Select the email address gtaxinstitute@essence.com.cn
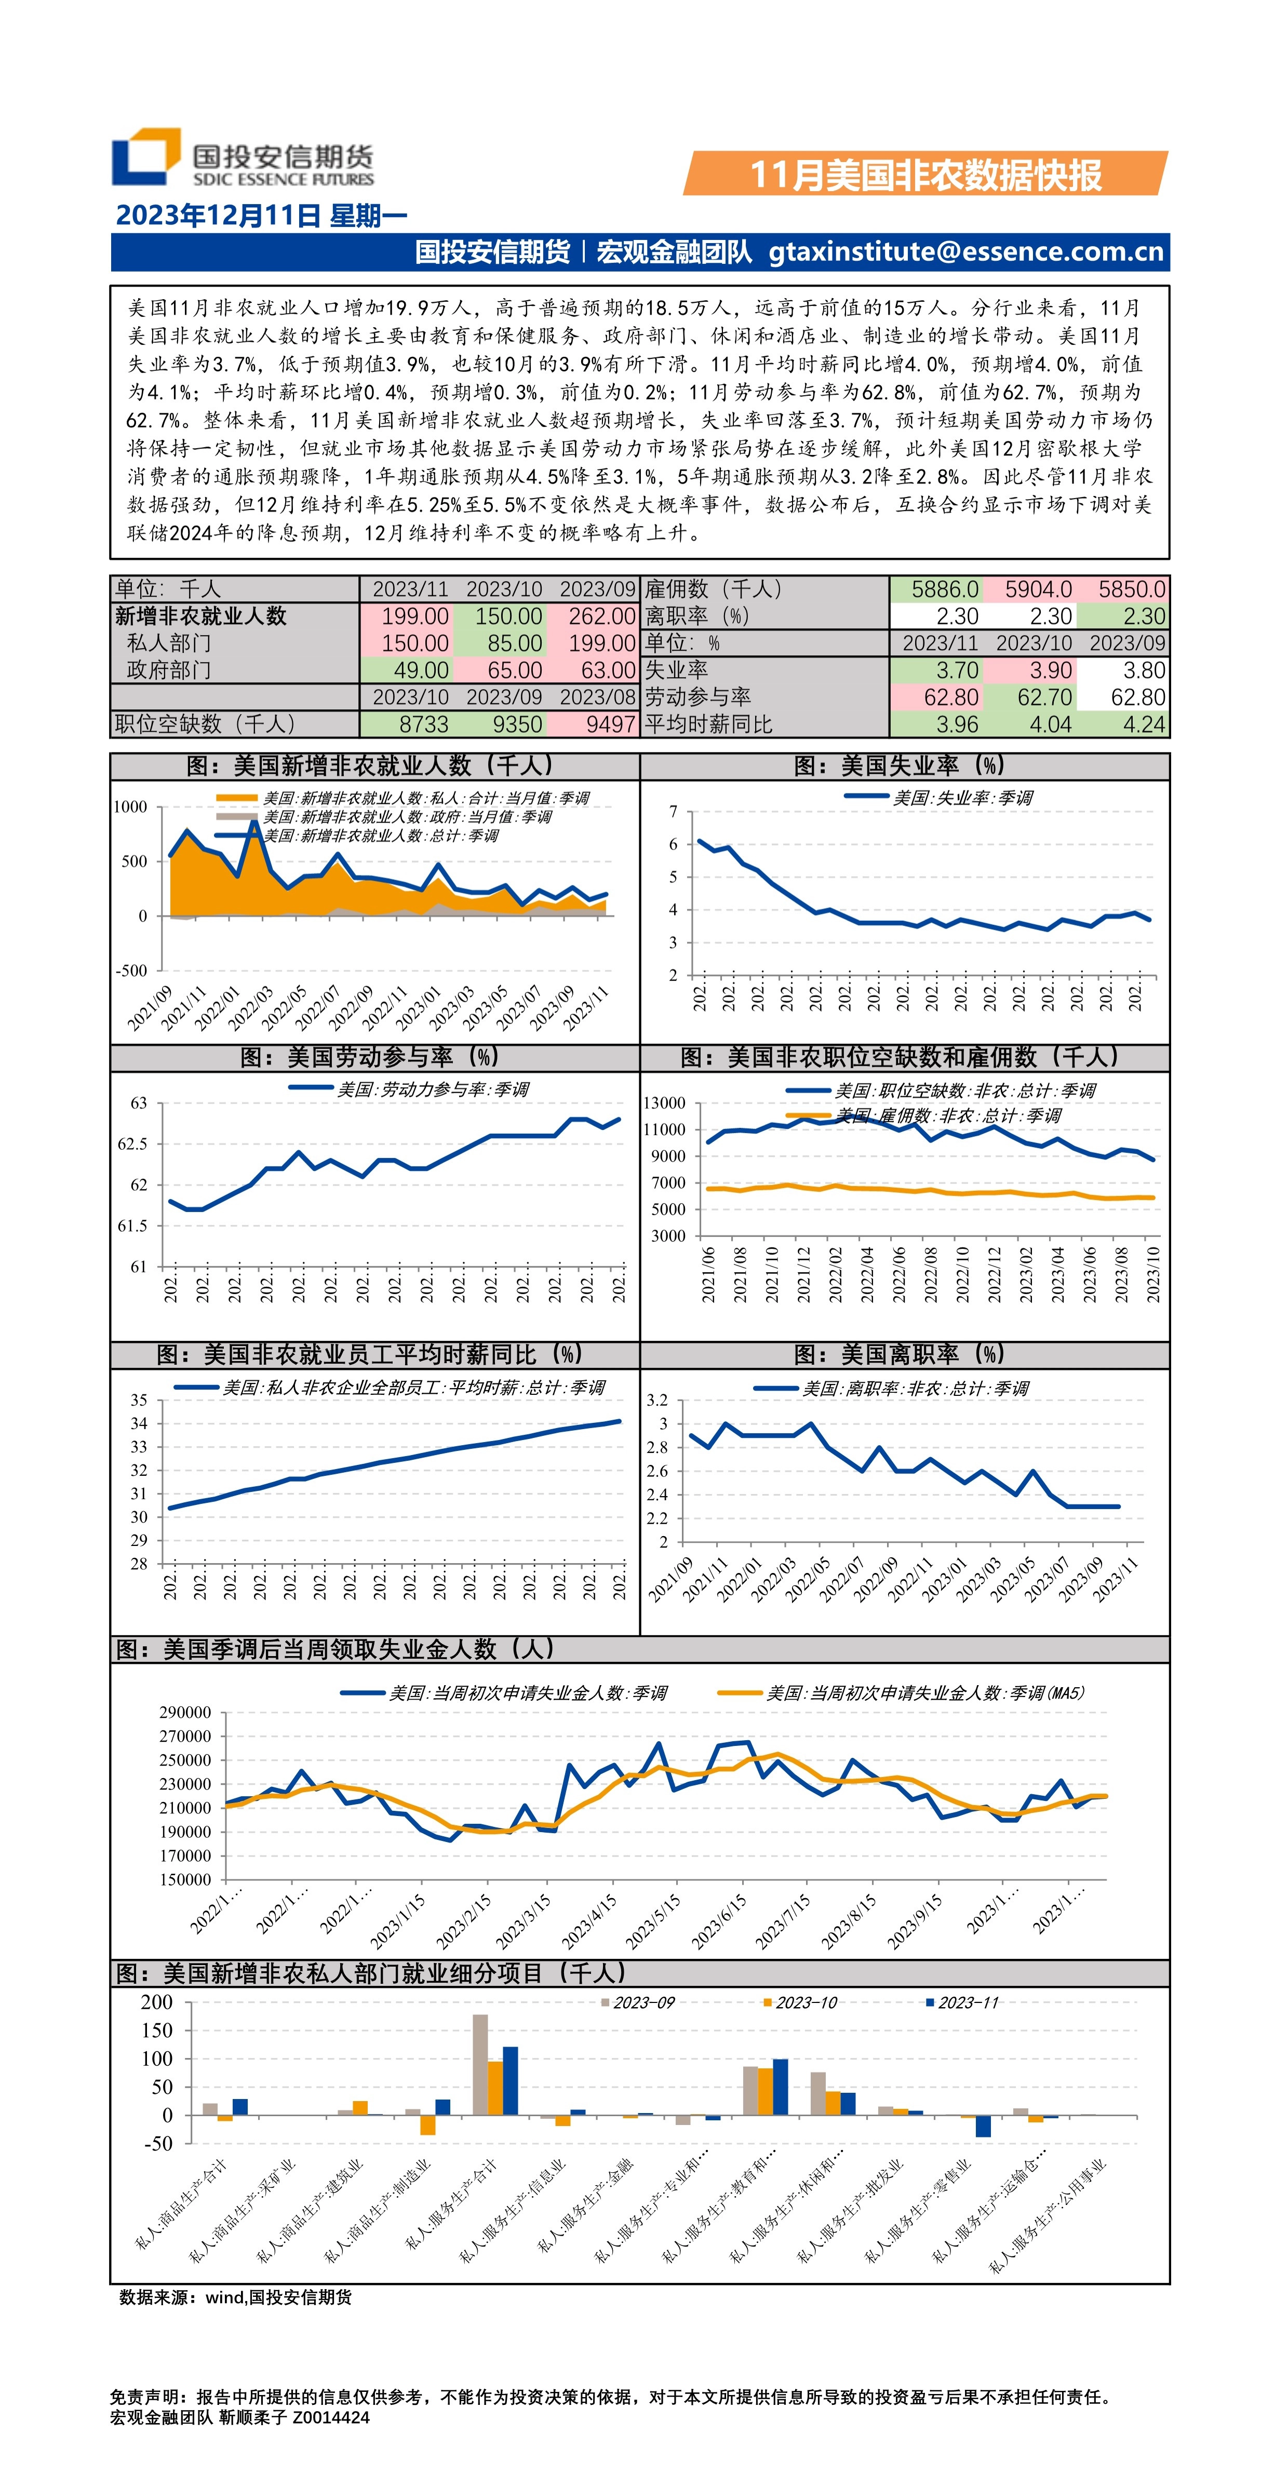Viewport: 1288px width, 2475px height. pos(966,252)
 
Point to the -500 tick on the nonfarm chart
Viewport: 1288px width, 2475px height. pos(132,971)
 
